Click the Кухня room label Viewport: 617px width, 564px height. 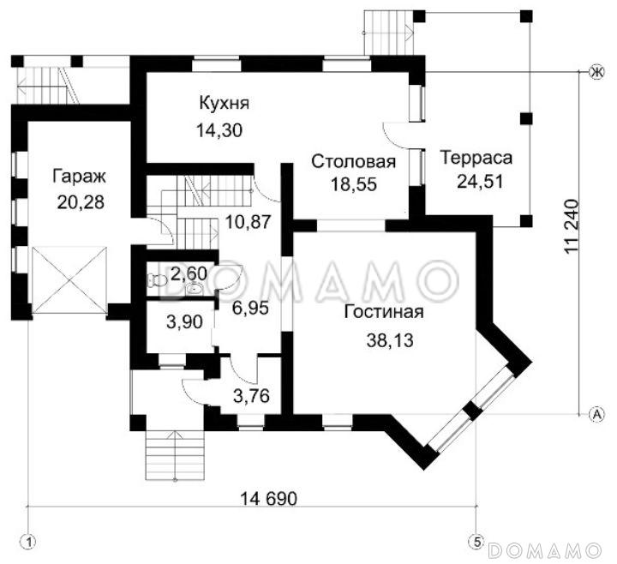pyautogui.click(x=224, y=104)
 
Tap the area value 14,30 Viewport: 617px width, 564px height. pyautogui.click(x=219, y=131)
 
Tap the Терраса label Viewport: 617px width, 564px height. pyautogui.click(x=476, y=158)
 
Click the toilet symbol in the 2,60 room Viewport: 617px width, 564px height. pyautogui.click(x=155, y=279)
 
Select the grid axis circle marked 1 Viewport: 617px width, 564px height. pyautogui.click(x=30, y=542)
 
